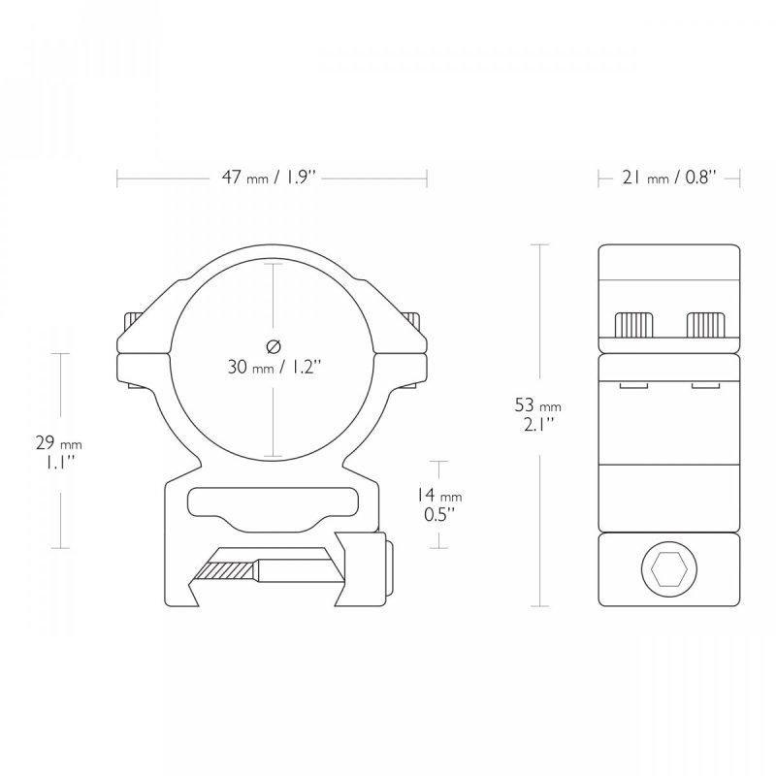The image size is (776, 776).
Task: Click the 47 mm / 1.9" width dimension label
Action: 269,178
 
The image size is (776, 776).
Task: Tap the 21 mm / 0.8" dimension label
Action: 669,178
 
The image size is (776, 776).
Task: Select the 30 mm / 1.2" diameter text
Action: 275,368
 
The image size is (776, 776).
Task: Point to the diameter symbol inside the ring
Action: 274,347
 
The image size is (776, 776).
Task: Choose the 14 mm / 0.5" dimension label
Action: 439,504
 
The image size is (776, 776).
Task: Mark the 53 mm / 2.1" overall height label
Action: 538,415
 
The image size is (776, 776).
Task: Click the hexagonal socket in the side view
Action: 669,569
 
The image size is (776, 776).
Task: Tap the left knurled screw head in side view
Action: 633,325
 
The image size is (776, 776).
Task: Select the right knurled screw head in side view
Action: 705,325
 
